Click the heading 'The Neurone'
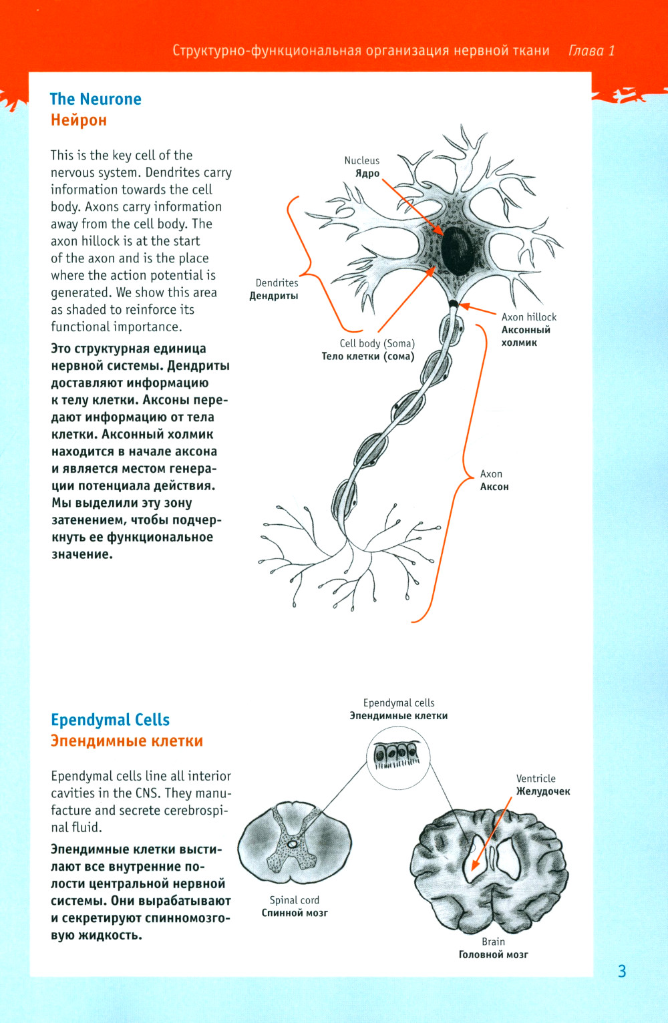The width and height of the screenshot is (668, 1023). [96, 99]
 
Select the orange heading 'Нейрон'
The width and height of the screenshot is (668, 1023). [79, 120]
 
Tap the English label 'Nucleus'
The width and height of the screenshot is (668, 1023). [361, 160]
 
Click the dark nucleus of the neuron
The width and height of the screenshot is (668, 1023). [457, 250]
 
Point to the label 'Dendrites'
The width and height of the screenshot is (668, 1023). [277, 282]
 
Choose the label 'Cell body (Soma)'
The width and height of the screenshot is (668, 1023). [377, 343]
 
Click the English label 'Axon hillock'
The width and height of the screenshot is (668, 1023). [528, 317]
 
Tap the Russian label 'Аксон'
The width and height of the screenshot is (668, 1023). [494, 487]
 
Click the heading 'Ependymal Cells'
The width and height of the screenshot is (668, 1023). [110, 720]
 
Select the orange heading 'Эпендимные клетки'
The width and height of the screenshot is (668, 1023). [127, 741]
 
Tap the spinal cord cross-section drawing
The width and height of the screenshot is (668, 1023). [295, 845]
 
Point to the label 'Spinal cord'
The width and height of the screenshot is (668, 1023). [294, 900]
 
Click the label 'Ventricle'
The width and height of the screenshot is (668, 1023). [536, 779]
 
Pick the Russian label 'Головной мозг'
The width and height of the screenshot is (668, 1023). [493, 955]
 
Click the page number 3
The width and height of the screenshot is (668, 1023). [622, 971]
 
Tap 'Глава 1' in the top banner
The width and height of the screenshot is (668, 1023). [591, 51]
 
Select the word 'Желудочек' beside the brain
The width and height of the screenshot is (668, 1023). [543, 791]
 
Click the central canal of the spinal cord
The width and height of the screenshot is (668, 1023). [293, 844]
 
